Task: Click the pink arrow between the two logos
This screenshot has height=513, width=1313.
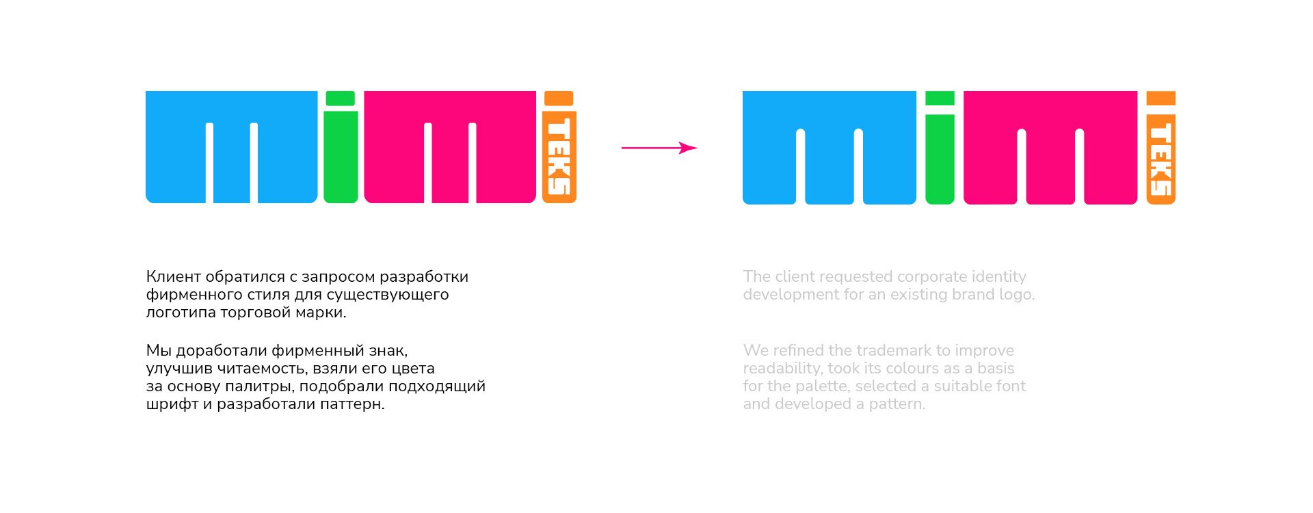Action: [x=659, y=148]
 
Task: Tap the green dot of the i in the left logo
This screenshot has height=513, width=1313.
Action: [x=340, y=98]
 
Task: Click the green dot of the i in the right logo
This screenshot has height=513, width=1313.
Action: [x=940, y=98]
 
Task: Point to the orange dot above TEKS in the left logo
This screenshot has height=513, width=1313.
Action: [x=559, y=98]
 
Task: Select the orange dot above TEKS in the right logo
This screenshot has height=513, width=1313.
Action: [x=1161, y=98]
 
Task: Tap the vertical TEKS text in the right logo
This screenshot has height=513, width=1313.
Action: [x=1161, y=159]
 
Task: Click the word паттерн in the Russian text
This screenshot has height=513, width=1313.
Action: [x=356, y=404]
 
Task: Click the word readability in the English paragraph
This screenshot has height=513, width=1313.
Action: [x=782, y=369]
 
